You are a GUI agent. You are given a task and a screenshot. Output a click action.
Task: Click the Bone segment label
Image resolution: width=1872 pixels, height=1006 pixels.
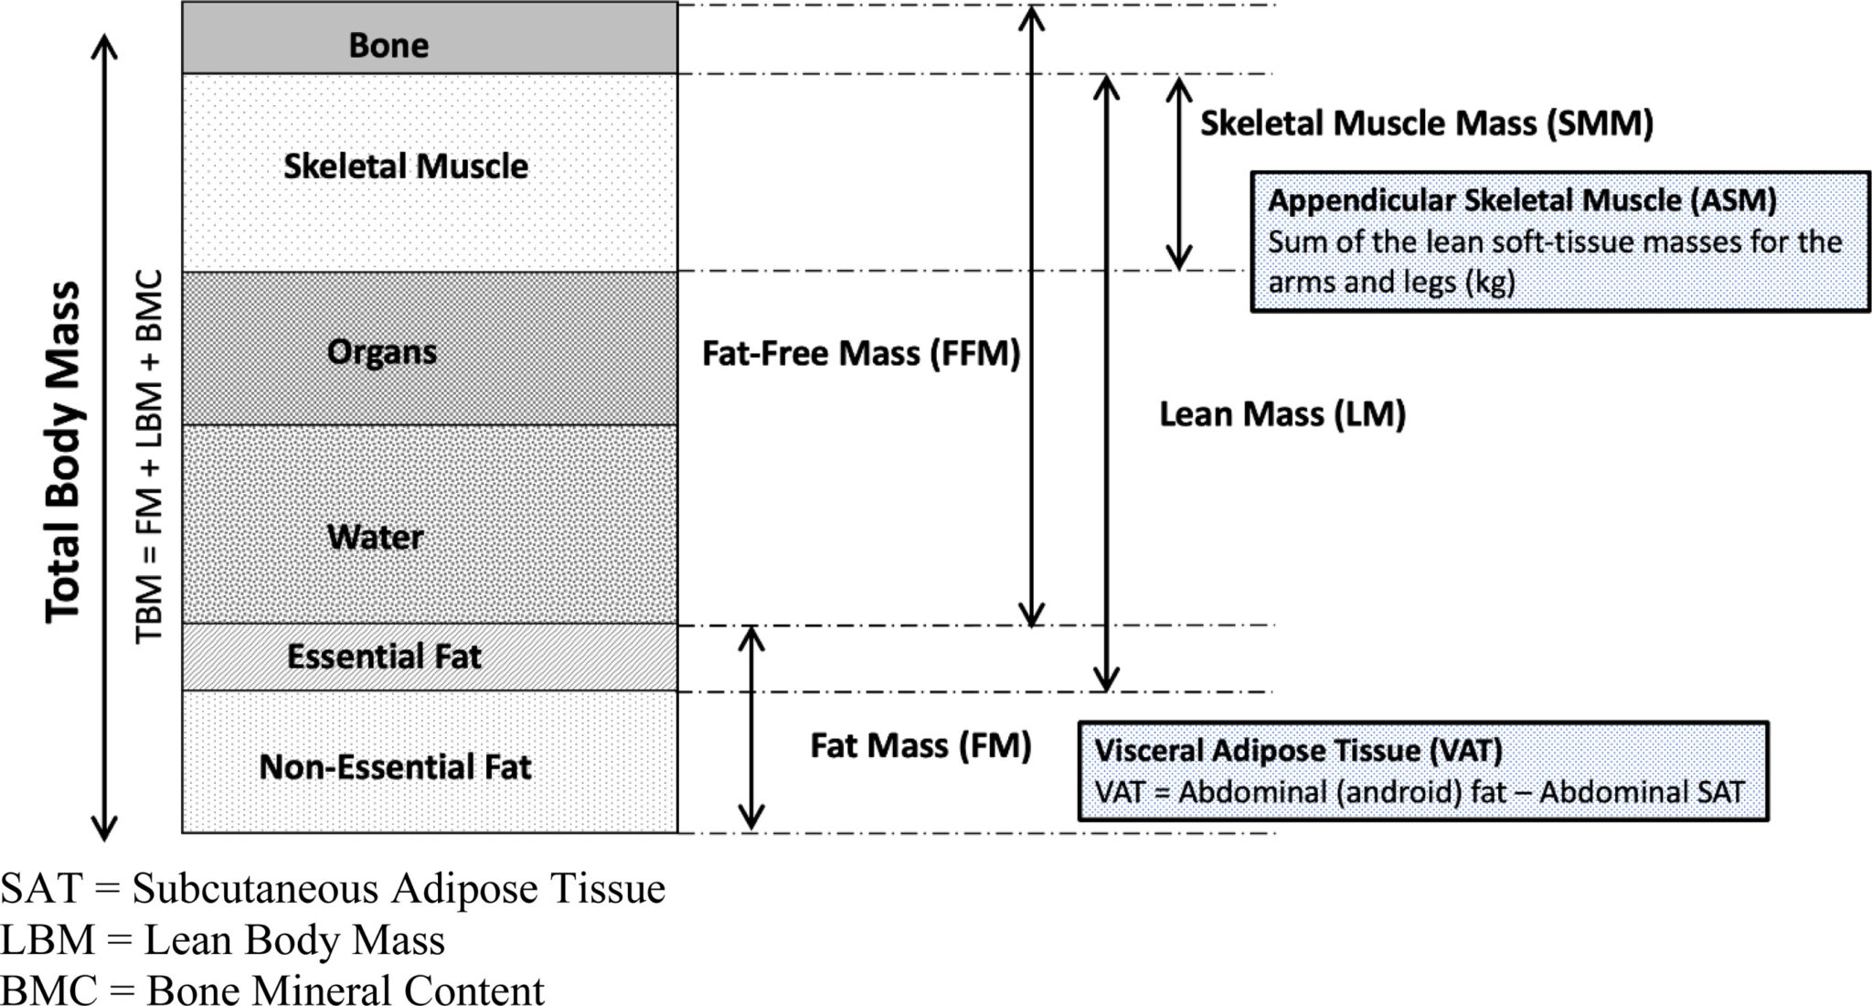click(x=388, y=45)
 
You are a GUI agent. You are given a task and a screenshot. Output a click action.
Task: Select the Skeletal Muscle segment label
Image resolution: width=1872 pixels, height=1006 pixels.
click(x=406, y=166)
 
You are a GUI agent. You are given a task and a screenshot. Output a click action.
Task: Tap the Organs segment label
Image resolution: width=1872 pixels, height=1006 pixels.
click(x=381, y=352)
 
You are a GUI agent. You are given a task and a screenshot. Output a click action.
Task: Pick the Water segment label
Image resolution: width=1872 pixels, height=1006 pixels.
click(x=375, y=537)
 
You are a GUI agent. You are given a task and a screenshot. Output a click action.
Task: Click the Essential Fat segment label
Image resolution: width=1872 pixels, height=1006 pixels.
click(x=384, y=657)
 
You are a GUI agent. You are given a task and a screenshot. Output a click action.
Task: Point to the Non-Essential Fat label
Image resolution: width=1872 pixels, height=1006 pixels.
click(x=395, y=766)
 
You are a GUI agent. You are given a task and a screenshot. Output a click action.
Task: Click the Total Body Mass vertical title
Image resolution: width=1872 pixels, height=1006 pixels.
click(x=64, y=453)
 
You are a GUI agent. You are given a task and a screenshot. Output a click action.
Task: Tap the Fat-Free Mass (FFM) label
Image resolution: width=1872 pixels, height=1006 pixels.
click(x=860, y=354)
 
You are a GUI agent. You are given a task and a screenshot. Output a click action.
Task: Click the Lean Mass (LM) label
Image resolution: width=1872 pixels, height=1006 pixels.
click(x=1282, y=414)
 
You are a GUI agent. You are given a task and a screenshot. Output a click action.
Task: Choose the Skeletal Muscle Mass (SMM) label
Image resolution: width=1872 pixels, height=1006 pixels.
click(x=1426, y=123)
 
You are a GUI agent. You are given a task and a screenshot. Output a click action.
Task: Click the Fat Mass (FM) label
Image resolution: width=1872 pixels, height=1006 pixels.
click(x=920, y=745)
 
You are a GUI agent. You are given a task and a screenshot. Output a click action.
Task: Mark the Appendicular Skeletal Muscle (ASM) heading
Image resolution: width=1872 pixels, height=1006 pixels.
click(x=1522, y=200)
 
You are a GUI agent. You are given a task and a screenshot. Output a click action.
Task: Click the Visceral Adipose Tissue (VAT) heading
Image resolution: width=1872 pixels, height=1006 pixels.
click(x=1298, y=751)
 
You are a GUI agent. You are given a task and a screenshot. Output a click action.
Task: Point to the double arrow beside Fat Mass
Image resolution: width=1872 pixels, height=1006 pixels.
click(x=751, y=729)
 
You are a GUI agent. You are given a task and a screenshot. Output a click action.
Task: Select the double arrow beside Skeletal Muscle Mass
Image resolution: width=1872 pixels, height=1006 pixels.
click(x=1179, y=173)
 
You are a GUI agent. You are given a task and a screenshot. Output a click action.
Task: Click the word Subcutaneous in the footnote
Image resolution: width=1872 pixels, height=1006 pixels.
click(x=255, y=889)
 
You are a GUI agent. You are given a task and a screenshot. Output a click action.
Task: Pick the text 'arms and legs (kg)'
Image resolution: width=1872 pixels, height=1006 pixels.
click(x=1391, y=282)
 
